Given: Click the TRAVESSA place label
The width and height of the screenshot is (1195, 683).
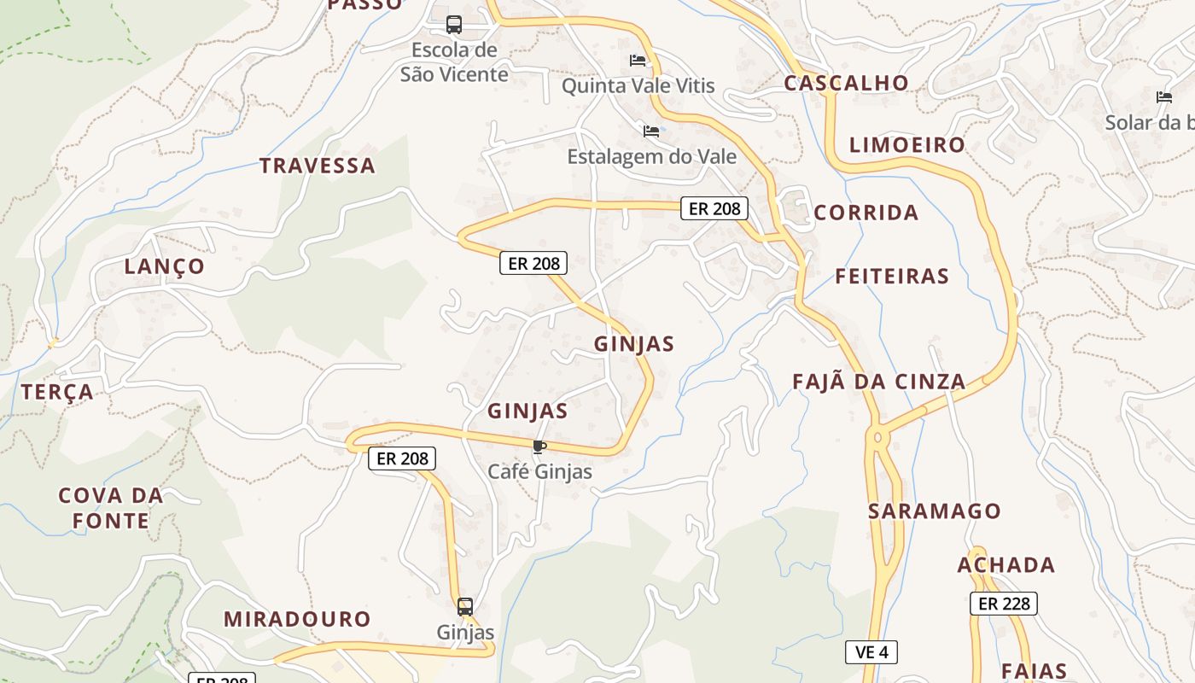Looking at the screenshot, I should [x=318, y=166].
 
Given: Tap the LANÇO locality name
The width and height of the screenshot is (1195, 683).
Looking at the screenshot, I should [x=165, y=266].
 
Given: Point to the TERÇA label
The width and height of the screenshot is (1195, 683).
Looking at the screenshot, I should [x=57, y=392].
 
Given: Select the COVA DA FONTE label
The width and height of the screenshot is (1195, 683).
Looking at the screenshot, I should [x=111, y=508].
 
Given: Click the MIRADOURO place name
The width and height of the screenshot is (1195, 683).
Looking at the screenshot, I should [x=297, y=619].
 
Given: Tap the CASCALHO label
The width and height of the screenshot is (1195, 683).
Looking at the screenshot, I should [x=846, y=83].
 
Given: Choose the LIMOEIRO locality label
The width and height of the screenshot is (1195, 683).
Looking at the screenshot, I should [x=906, y=145].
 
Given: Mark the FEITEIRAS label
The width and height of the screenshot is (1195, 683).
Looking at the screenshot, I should [x=892, y=276].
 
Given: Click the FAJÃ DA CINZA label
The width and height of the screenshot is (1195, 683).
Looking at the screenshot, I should [x=879, y=382].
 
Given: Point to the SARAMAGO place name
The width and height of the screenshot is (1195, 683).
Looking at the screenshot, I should [x=935, y=511].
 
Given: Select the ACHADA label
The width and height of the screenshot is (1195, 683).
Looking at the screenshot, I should [x=1006, y=565].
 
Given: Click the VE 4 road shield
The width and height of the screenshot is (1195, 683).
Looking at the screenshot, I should [x=871, y=652].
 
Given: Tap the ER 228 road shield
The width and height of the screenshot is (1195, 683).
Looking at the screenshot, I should [x=1004, y=604].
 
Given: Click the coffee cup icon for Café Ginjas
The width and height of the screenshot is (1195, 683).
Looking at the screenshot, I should [x=539, y=447].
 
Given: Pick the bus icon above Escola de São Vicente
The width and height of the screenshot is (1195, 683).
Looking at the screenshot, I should [x=454, y=25].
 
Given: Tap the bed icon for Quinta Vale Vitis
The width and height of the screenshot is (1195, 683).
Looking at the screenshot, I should [x=638, y=61].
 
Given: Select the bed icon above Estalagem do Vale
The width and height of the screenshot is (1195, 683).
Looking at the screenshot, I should [x=651, y=131].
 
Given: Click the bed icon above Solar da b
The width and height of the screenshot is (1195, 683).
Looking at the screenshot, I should [x=1163, y=97].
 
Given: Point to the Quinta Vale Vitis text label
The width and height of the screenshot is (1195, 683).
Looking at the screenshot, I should [x=638, y=86].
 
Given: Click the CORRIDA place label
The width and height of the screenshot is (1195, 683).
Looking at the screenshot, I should [x=866, y=213].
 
